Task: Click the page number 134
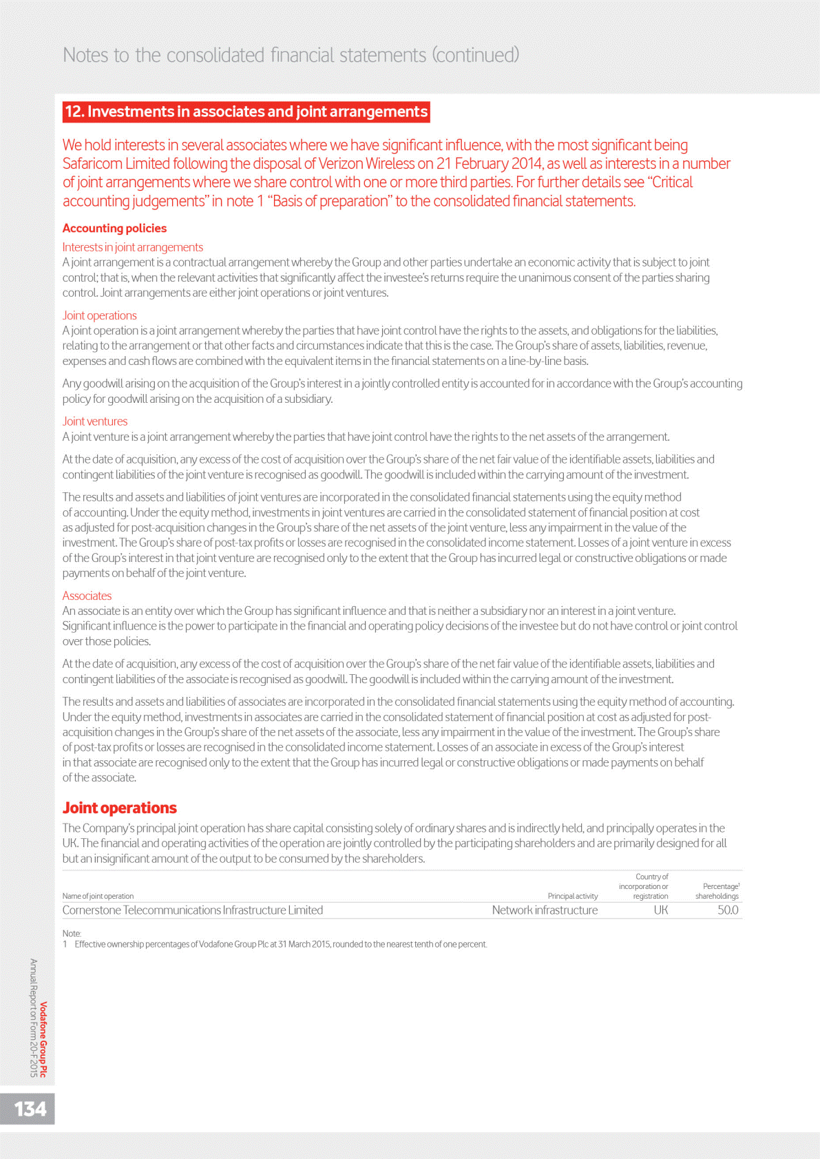(x=30, y=1109)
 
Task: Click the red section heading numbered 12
(x=246, y=112)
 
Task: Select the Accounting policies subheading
(x=114, y=228)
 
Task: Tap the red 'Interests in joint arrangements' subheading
(x=132, y=247)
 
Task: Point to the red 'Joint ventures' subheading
(x=94, y=421)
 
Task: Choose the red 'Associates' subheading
(x=87, y=596)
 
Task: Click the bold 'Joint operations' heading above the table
(x=119, y=808)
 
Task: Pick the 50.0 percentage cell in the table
(x=727, y=910)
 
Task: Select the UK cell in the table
(x=660, y=910)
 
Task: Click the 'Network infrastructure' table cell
(x=545, y=910)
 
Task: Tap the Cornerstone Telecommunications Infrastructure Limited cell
(x=192, y=910)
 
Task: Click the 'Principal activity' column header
(x=572, y=896)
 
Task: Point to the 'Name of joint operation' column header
(x=98, y=896)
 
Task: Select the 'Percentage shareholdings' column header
(x=717, y=891)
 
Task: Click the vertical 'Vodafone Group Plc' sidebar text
(x=43, y=1039)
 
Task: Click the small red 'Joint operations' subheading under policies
(x=99, y=315)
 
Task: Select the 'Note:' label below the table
(x=72, y=934)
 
